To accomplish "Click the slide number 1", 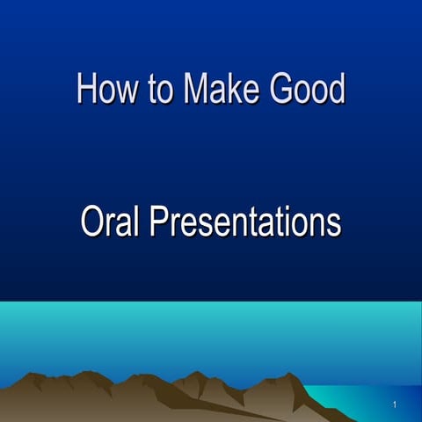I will (396, 404).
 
